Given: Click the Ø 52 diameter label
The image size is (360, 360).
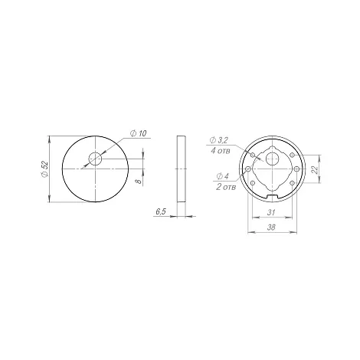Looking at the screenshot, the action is pos(44,169).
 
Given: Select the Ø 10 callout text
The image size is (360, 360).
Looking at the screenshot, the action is pos(139,133).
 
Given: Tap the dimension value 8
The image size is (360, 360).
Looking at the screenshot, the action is pos(139,182).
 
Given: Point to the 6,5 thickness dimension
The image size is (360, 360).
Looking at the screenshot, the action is pos(161,211).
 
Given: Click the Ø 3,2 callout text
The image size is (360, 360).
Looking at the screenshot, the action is pos(218,140).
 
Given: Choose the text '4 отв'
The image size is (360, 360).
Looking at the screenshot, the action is pos(221,151).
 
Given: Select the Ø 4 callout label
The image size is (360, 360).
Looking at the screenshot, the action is pos(222,176).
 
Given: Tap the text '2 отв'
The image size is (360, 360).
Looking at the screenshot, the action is pos(226,187).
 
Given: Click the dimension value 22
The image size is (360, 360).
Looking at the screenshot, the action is pos(315,169).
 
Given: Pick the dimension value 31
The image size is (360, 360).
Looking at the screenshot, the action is pos(271,212).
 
